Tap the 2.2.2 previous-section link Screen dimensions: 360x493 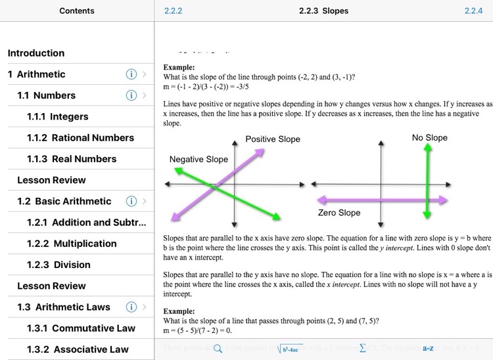tap(173, 11)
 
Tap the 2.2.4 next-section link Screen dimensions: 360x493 tap(473, 11)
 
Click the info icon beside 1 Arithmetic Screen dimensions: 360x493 tap(131, 74)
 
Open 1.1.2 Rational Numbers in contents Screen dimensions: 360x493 tap(80, 137)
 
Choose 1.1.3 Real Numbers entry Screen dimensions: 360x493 tap(72, 158)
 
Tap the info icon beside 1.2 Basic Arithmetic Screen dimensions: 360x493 tap(131, 201)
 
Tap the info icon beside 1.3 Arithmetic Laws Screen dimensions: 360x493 tap(131, 307)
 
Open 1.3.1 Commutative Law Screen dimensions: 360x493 tap(81, 328)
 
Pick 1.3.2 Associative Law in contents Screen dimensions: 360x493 tap(78, 349)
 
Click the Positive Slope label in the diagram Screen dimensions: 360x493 tap(273, 139)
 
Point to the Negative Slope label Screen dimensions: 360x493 tap(199, 159)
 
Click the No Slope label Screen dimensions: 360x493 tap(429, 137)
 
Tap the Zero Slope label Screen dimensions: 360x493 tap(339, 212)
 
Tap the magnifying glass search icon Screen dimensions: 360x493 tap(218, 349)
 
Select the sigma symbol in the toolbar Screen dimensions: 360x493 tap(363, 349)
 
